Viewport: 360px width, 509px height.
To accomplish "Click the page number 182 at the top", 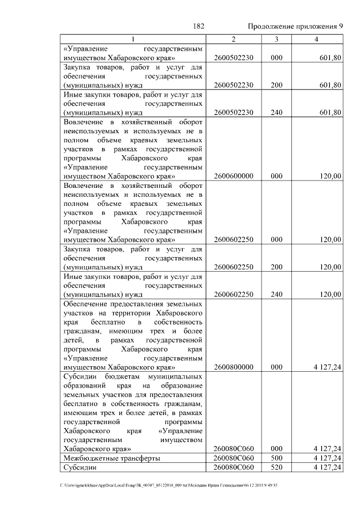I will coord(198,26).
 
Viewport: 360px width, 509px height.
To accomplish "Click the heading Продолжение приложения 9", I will coord(295,26).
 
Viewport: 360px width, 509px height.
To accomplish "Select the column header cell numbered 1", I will coord(133,39).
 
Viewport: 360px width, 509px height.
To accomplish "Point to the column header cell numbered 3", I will coord(276,39).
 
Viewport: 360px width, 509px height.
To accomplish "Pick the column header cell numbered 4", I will coord(317,39).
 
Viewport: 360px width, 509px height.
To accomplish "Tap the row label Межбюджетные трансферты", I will coord(112,459).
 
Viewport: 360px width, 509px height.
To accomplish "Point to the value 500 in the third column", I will coord(276,459).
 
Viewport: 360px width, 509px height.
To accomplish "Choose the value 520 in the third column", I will coord(276,467).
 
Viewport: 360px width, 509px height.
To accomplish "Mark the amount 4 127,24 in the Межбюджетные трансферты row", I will coord(327,459).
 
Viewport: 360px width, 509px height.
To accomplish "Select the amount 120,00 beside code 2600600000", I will coord(331,176).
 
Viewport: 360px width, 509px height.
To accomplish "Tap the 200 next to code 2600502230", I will coord(276,85).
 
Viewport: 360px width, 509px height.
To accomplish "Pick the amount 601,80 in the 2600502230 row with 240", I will coord(331,112).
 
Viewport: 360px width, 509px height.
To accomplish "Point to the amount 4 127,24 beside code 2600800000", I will coord(327,367).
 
